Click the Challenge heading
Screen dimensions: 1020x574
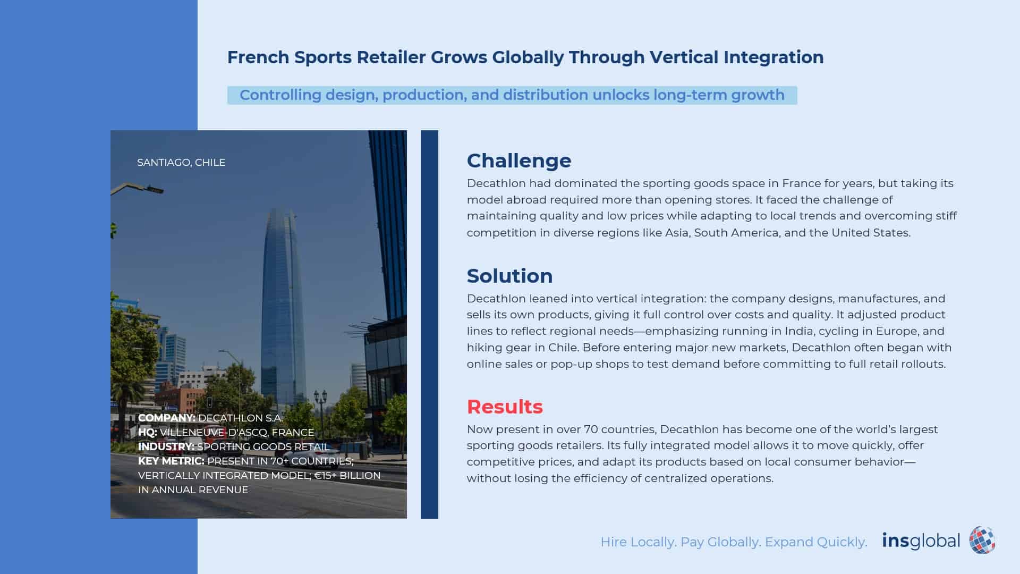tap(519, 161)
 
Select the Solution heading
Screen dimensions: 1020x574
tap(509, 276)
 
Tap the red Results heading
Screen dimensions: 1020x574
tap(505, 407)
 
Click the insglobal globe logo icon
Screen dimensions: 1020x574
tap(982, 541)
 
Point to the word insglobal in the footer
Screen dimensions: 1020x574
tap(921, 541)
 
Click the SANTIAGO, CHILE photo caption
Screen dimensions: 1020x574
tap(181, 162)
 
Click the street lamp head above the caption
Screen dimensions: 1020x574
tap(154, 189)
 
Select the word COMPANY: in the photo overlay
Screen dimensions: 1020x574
tap(167, 418)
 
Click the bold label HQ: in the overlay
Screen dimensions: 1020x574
tap(148, 432)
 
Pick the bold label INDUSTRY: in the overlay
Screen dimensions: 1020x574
tap(166, 446)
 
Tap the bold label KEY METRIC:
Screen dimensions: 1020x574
tap(171, 461)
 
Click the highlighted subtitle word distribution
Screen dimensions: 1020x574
tap(546, 95)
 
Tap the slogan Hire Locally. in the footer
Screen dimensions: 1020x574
tap(638, 542)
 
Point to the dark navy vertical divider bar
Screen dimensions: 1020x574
tap(429, 324)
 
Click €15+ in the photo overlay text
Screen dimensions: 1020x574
tap(325, 475)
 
